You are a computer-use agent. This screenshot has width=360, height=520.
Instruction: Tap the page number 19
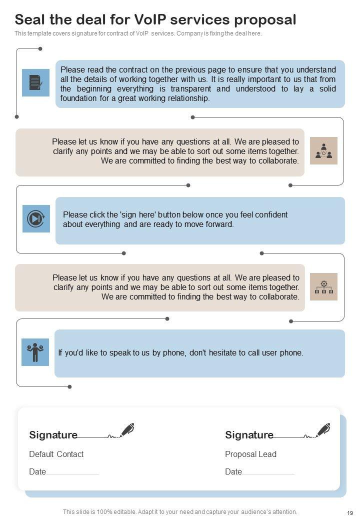[x=349, y=512]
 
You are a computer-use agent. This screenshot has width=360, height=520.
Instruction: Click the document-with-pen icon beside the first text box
[x=35, y=82]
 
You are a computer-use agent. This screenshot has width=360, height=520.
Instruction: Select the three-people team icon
[x=323, y=151]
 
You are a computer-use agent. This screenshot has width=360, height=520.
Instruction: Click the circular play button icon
[x=36, y=218]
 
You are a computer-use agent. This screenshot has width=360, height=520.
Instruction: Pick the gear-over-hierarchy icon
[x=323, y=286]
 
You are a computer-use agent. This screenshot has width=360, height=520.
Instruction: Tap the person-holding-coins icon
[x=35, y=352]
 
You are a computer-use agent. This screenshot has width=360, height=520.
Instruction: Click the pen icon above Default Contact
[x=127, y=430]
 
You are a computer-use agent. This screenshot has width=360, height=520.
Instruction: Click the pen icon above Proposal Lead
[x=323, y=430]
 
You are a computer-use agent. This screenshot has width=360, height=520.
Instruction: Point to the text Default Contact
[x=56, y=454]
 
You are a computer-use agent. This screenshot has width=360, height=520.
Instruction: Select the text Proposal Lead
[x=250, y=454]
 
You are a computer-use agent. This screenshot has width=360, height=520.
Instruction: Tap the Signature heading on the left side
[x=53, y=435]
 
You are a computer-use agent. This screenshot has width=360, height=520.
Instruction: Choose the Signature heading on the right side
[x=249, y=435]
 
